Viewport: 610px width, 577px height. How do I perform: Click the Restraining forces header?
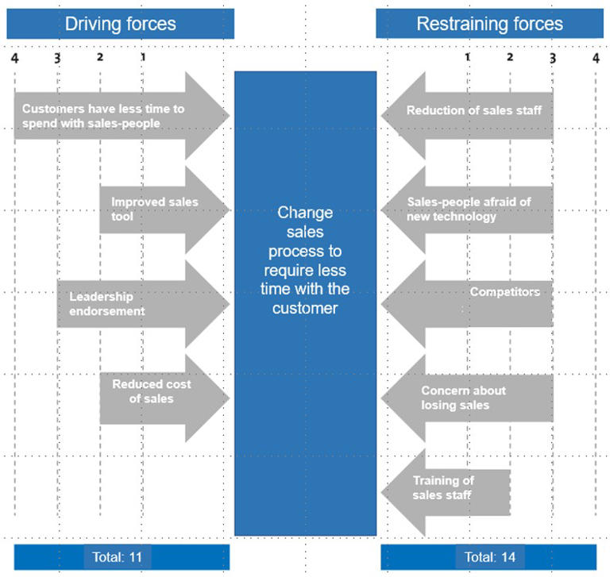coord(489,23)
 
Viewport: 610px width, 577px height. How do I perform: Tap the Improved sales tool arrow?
coord(159,210)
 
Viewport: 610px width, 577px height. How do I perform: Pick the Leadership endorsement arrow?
coord(135,304)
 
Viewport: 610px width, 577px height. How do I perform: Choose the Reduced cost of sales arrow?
coord(159,391)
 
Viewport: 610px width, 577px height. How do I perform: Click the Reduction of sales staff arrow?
coord(473,112)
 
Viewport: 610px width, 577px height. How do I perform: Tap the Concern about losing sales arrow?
coord(469,397)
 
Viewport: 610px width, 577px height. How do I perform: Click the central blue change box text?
coord(305,260)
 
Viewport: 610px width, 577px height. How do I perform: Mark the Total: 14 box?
coord(490,556)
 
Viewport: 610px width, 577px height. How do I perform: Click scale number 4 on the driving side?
coord(14,57)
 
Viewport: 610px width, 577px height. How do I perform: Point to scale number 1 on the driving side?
coord(143,57)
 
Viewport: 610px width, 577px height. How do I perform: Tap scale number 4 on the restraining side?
coord(596,57)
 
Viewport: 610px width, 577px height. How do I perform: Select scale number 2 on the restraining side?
coord(510,57)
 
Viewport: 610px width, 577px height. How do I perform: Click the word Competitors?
coord(504,291)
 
